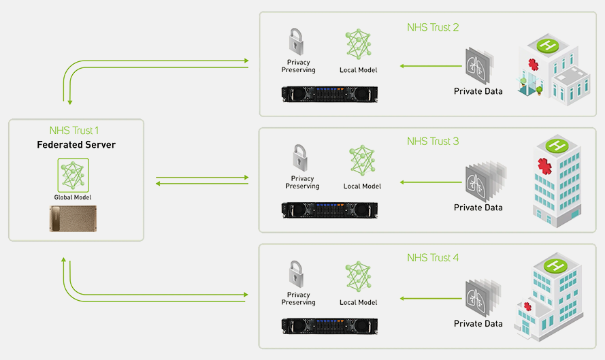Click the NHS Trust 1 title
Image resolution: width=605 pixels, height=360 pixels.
click(x=75, y=130)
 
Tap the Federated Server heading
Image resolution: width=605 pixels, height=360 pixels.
click(x=76, y=145)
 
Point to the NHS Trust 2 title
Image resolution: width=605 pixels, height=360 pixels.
click(x=432, y=27)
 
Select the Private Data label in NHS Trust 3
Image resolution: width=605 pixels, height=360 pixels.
click(x=478, y=208)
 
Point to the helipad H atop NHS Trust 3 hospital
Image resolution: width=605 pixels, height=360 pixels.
click(x=557, y=145)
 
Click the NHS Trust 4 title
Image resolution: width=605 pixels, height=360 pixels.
click(x=432, y=258)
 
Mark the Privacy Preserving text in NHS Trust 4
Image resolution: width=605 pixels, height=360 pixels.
click(x=298, y=299)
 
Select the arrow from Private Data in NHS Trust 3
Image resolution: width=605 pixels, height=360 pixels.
click(x=430, y=182)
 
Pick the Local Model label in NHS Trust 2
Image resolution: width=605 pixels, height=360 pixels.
click(x=358, y=70)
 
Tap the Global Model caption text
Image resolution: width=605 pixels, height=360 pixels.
click(x=73, y=197)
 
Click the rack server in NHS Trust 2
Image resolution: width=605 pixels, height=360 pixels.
click(x=329, y=93)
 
